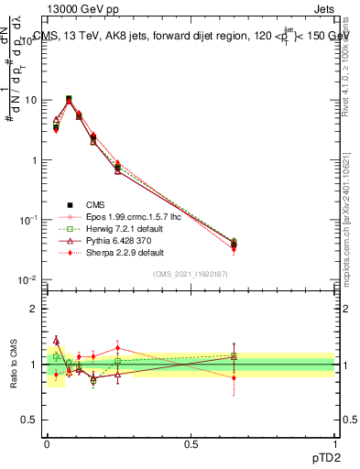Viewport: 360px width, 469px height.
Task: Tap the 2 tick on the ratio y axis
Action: pyautogui.click(x=36, y=309)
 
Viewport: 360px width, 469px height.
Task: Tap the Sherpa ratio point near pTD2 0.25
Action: pyautogui.click(x=118, y=348)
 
